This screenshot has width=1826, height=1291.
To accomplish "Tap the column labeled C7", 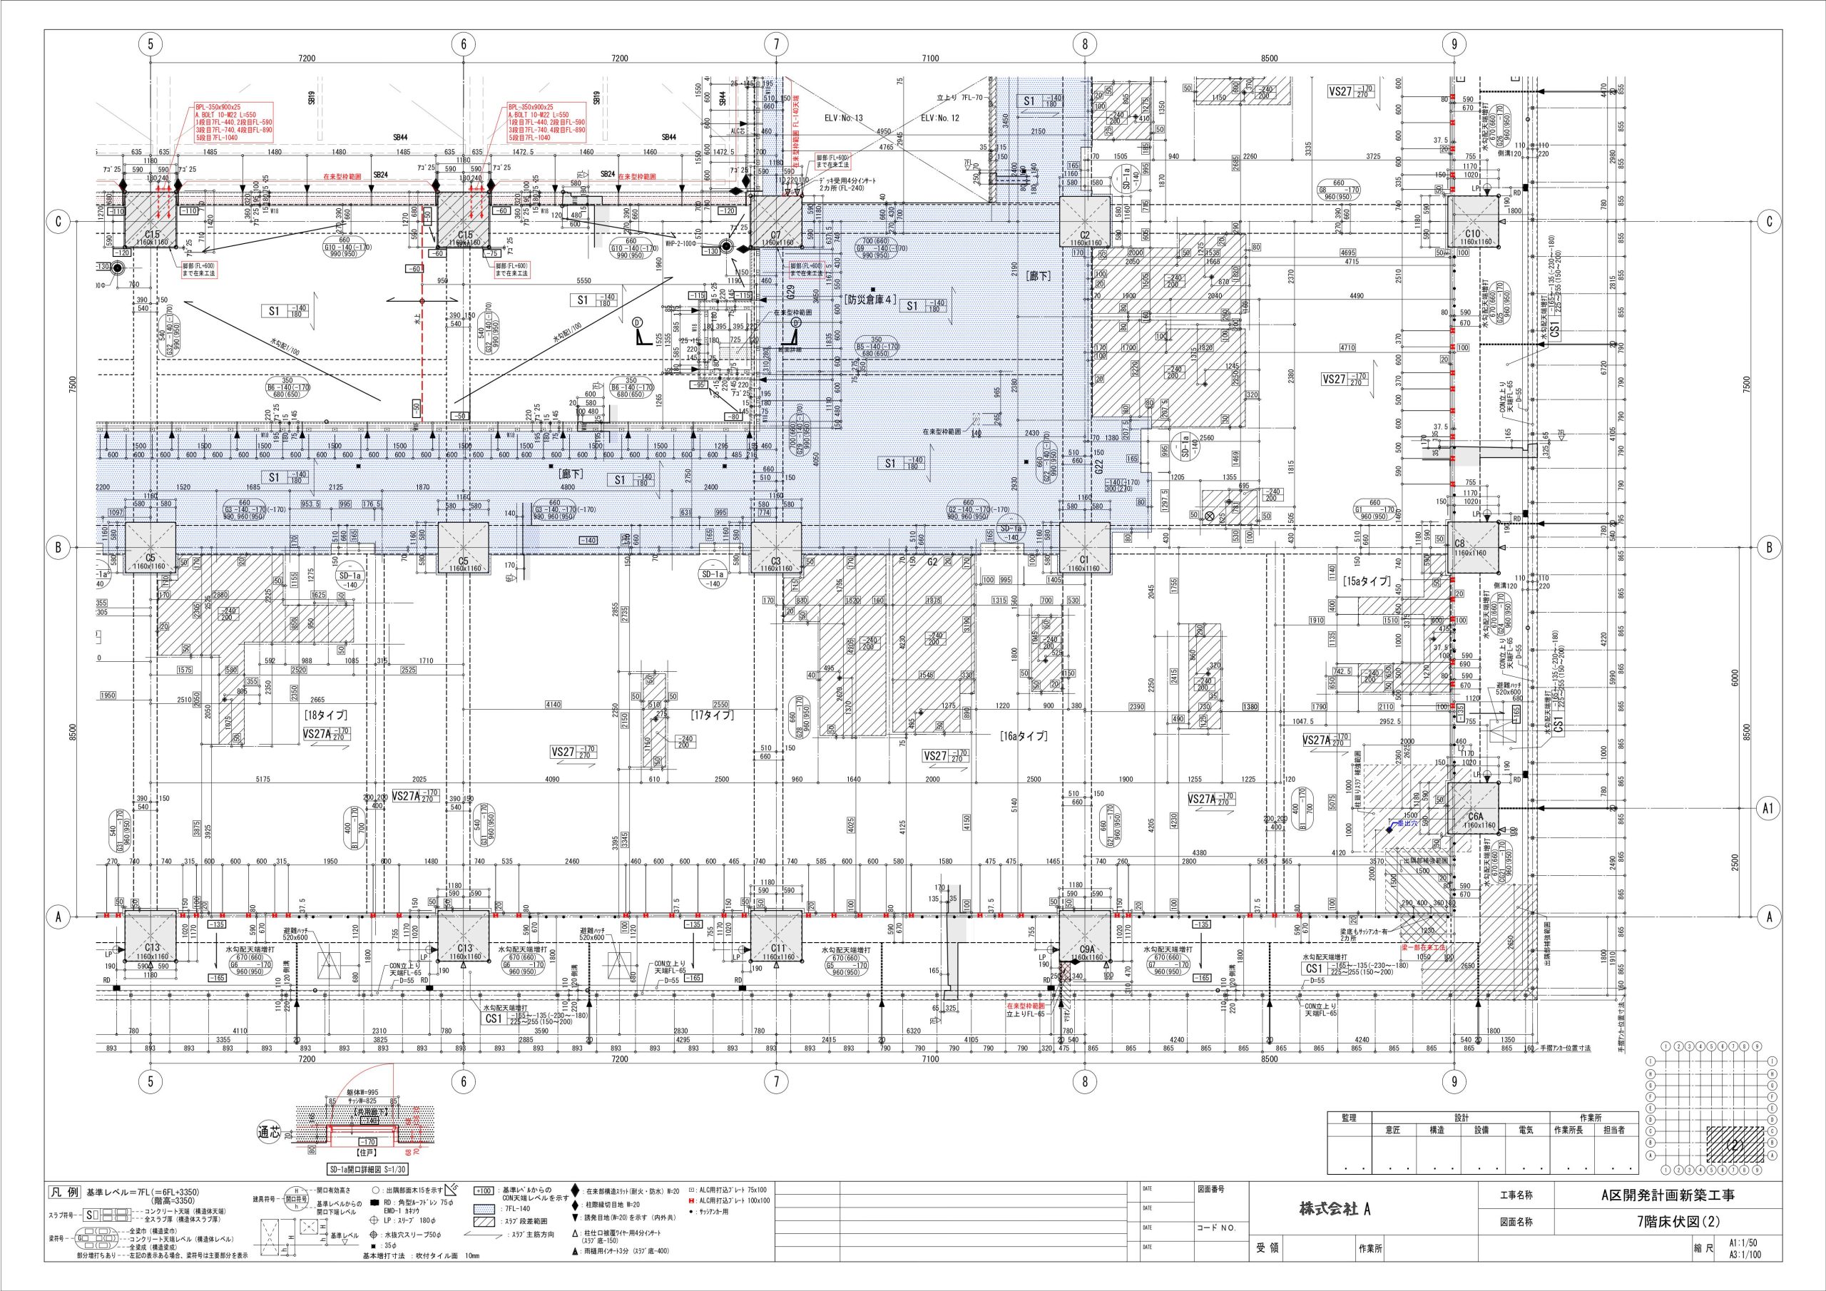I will [776, 223].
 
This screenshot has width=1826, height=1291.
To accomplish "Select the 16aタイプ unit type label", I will [1024, 737].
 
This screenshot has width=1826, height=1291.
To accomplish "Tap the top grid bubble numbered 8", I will [1085, 44].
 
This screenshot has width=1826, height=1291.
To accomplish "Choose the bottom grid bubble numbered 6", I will [463, 1081].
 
